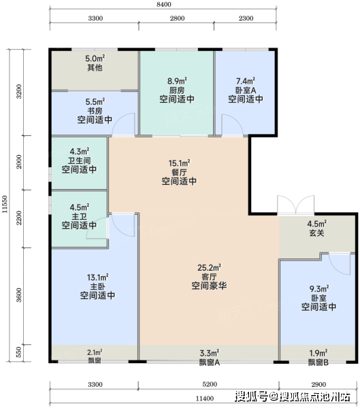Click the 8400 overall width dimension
[164, 5]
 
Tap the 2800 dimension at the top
[178, 18]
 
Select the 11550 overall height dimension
[5, 204]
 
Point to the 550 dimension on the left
[19, 352]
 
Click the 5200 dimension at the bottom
[210, 384]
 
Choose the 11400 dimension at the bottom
[205, 398]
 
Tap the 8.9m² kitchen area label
[177, 81]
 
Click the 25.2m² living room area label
[209, 267]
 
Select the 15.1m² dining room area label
[179, 163]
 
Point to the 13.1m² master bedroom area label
[98, 277]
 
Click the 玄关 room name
[316, 233]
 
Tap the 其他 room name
[95, 67]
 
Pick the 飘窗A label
[210, 362]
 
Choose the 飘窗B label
[318, 362]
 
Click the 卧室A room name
[246, 90]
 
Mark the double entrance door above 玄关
[295, 205]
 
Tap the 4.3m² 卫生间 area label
[80, 151]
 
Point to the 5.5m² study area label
[95, 102]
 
